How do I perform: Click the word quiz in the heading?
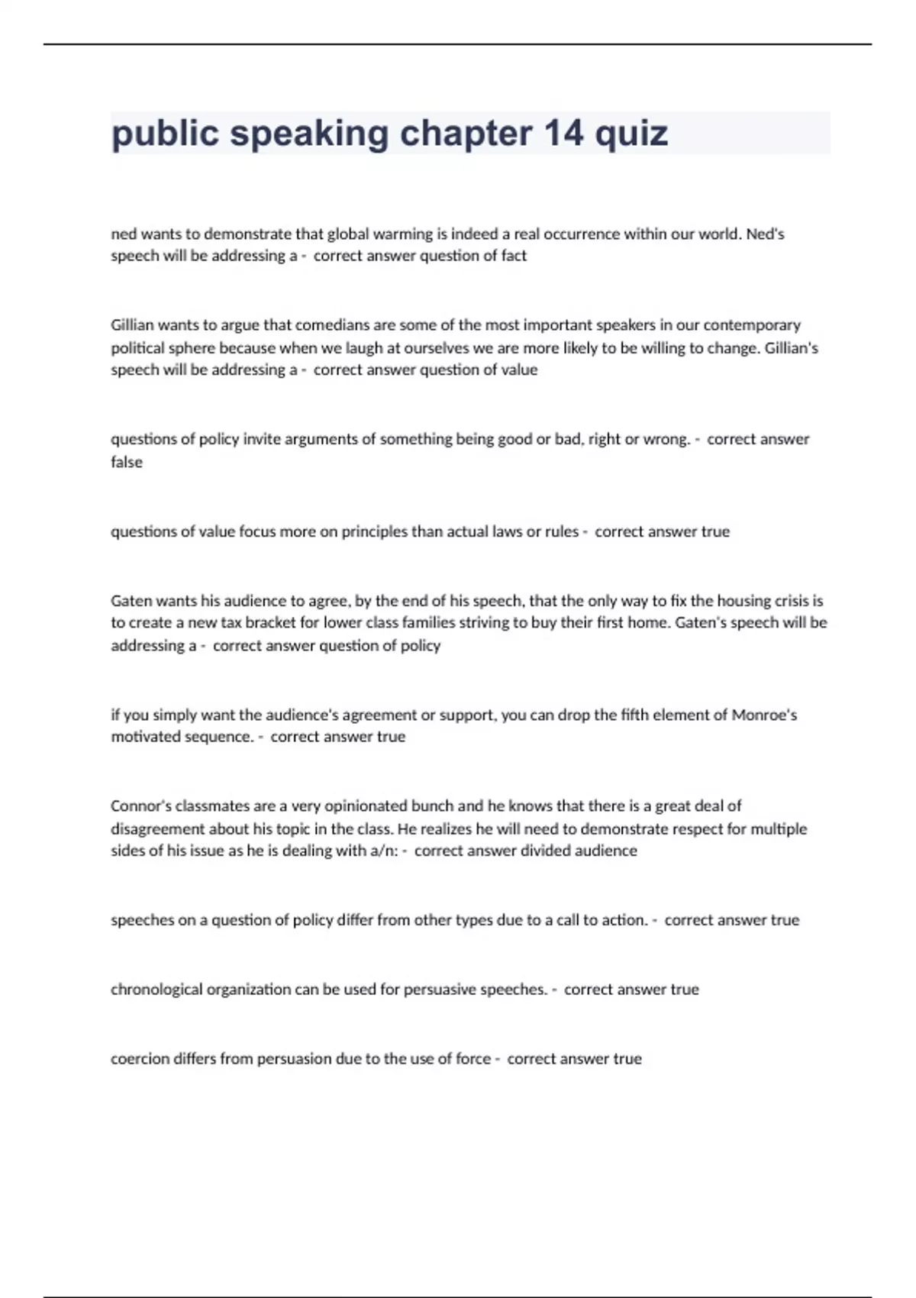tap(631, 134)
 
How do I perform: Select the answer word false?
tap(127, 462)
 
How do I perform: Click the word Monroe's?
tap(764, 715)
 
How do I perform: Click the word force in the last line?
tap(473, 1059)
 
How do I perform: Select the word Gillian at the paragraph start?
tap(132, 325)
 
